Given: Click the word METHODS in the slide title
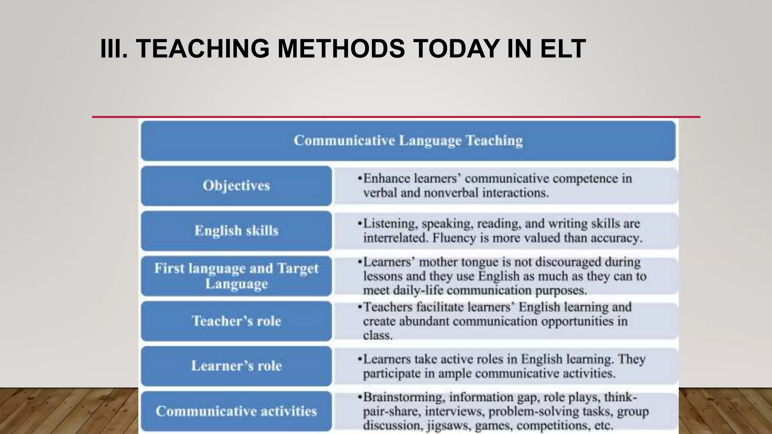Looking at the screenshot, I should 341,49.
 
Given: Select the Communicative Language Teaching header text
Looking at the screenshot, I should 408,141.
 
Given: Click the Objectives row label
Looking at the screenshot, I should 236,185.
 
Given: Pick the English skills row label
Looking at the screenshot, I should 236,231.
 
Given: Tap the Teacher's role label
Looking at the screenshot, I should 236,321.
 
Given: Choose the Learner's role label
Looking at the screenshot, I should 236,366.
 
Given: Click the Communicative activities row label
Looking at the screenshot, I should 236,411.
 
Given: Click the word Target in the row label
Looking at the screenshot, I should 298,268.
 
